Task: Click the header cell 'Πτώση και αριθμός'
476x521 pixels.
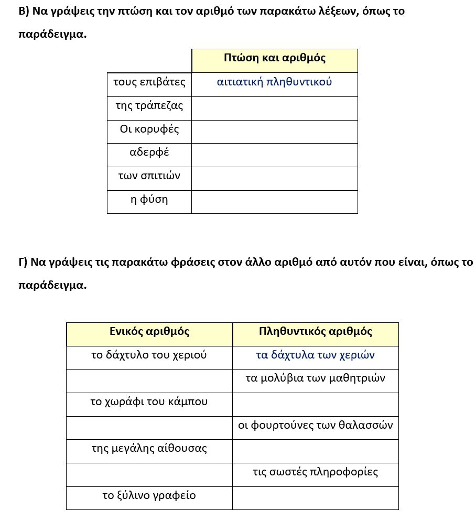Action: [275, 58]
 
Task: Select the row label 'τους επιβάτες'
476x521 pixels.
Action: [149, 82]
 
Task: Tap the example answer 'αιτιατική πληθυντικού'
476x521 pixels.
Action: [275, 82]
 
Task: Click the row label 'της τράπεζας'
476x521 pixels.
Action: [149, 106]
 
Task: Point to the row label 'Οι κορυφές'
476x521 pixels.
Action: [149, 129]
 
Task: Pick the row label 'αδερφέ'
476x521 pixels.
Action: [149, 153]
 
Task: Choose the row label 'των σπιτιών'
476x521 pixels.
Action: [149, 176]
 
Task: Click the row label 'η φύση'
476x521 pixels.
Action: [149, 200]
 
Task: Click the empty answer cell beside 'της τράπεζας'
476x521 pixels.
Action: [275, 108]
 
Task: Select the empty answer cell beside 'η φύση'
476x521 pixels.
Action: [275, 202]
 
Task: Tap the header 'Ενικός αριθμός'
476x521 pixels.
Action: [149, 332]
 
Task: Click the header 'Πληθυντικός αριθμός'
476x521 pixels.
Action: [316, 332]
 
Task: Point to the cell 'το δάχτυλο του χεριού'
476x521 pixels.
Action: [149, 355]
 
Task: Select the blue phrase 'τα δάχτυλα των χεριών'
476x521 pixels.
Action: [316, 355]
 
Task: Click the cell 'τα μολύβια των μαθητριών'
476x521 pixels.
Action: [316, 378]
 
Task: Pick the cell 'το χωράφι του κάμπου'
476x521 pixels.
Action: [149, 402]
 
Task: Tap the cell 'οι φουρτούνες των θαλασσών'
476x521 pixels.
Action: [316, 426]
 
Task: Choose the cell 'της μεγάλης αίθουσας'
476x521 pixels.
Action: [149, 449]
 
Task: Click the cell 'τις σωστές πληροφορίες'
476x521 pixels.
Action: [316, 472]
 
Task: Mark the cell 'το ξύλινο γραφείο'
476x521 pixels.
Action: [149, 496]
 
